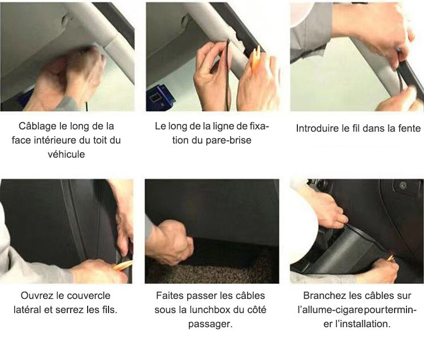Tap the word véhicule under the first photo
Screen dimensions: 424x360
click(x=66, y=154)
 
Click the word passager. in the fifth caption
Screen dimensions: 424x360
click(x=210, y=324)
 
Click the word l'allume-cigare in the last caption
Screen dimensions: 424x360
click(x=330, y=310)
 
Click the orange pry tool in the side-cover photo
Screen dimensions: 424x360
click(x=123, y=266)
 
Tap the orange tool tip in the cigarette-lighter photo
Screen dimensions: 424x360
click(x=391, y=258)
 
